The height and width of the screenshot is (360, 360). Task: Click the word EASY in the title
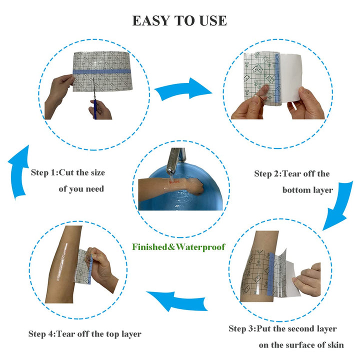click(x=151, y=20)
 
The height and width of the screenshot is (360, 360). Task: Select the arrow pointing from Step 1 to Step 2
click(x=183, y=89)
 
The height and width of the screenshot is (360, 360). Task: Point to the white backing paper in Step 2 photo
click(x=290, y=77)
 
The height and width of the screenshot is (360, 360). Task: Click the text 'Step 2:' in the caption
click(x=267, y=173)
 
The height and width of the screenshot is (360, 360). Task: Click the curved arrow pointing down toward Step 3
click(x=338, y=205)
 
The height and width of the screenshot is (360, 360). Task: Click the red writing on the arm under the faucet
click(x=174, y=182)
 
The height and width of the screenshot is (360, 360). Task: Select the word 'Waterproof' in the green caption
click(x=200, y=247)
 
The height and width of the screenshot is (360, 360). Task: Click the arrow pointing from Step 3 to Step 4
click(x=177, y=301)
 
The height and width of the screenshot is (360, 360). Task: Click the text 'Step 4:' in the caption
click(x=42, y=334)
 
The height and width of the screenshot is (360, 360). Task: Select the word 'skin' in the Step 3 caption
click(x=335, y=345)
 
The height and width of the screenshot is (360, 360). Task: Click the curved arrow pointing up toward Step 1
click(x=18, y=172)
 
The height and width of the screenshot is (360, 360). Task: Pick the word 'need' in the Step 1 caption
click(x=95, y=189)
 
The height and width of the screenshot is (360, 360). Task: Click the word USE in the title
click(x=213, y=20)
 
